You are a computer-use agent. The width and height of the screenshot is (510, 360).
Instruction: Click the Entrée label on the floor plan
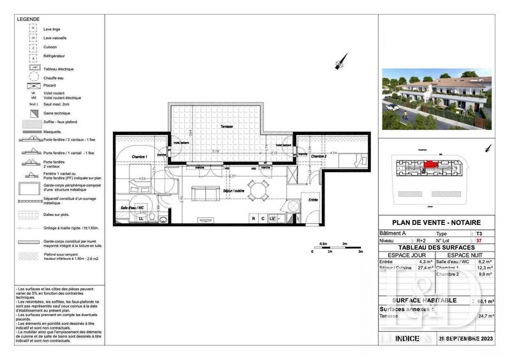(313, 199)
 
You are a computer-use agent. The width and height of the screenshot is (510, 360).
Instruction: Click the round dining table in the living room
(258, 189)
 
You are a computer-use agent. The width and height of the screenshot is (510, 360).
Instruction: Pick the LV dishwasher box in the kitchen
(272, 219)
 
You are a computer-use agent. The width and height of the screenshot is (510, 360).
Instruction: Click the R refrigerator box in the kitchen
(254, 219)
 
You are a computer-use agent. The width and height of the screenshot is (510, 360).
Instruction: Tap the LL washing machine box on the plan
(141, 219)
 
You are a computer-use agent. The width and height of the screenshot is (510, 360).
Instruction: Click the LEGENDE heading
(27, 20)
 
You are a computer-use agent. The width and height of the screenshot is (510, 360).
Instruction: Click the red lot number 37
(470, 241)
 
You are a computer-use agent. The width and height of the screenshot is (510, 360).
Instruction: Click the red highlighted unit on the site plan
(433, 164)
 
